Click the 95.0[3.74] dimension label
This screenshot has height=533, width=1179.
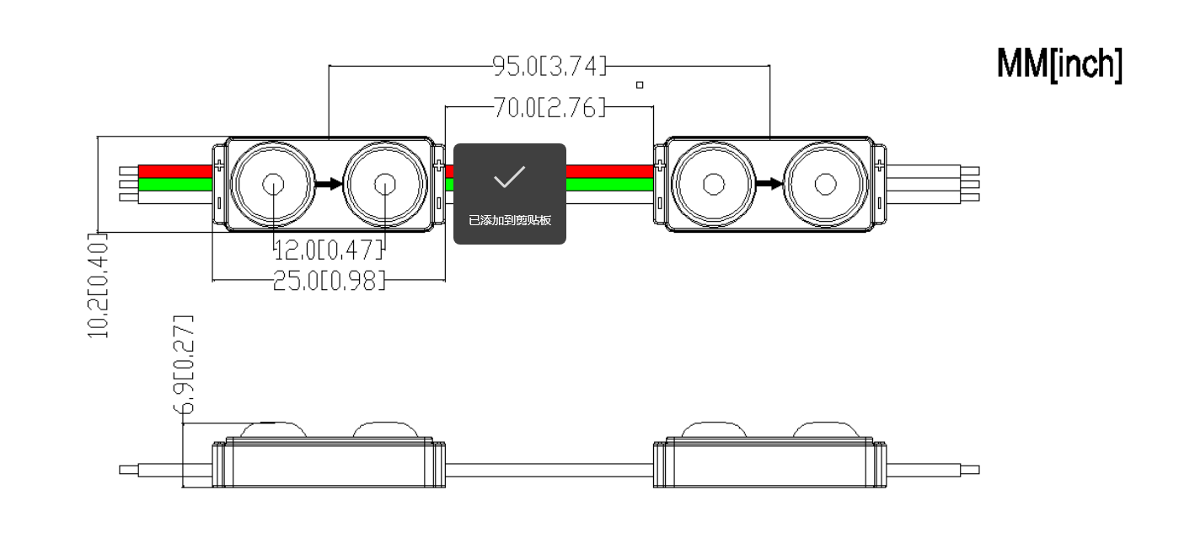point(549,67)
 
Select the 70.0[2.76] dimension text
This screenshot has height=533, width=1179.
point(549,107)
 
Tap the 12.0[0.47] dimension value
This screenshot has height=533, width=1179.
point(329,250)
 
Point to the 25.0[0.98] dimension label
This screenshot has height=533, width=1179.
point(329,280)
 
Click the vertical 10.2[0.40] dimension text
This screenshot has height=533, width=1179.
point(98,285)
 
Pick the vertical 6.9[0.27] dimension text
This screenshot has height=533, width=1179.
point(184,365)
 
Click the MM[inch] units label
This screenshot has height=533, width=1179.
point(1059,64)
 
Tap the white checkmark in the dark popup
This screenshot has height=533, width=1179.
point(510,176)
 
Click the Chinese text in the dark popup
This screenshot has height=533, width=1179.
point(510,220)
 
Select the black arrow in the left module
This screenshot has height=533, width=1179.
point(329,185)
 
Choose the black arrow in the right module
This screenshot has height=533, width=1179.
point(769,185)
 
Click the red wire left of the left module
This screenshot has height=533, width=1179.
point(175,171)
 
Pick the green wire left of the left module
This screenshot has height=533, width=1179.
point(175,185)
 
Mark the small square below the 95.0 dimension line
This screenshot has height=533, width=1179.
point(640,85)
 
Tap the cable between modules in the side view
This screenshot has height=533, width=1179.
point(549,470)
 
